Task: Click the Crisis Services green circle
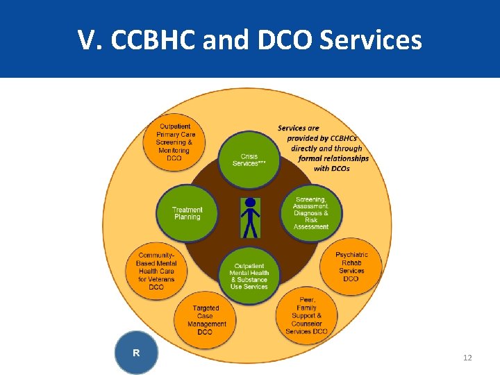(x=249, y=160)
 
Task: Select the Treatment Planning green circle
(x=187, y=212)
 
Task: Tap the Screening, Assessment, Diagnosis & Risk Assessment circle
(x=311, y=213)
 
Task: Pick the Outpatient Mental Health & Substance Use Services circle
(x=249, y=276)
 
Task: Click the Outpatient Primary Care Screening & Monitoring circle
(x=174, y=142)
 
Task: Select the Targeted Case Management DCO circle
(x=204, y=319)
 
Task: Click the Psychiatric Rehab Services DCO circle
(x=351, y=267)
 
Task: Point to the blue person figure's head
(x=250, y=203)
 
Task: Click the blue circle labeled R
(x=136, y=353)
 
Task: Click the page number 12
(x=467, y=358)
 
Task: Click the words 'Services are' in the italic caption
(x=299, y=128)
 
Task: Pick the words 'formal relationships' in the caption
(x=333, y=158)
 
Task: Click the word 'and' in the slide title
(x=224, y=41)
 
